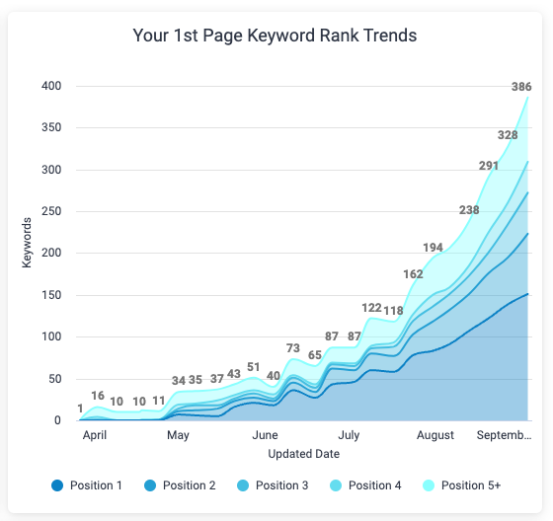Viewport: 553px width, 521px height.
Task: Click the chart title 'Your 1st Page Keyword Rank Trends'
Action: tap(276, 36)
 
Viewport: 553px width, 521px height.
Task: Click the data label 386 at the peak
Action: tap(520, 87)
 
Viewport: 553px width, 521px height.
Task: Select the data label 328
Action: tap(508, 135)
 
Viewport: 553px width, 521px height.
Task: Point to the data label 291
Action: tap(489, 166)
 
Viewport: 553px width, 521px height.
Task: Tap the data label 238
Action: tap(469, 209)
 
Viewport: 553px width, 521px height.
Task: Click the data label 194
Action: tap(433, 248)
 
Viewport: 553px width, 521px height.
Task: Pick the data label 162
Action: tap(414, 273)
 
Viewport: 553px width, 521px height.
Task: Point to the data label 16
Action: tap(98, 396)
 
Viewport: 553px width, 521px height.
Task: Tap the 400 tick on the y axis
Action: tap(51, 86)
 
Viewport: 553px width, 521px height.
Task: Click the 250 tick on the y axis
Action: tap(51, 211)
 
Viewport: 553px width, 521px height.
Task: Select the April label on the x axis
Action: tap(95, 435)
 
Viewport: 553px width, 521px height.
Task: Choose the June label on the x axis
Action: tap(265, 435)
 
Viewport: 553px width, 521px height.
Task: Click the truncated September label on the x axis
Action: tap(504, 435)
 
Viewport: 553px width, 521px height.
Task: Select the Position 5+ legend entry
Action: tap(462, 484)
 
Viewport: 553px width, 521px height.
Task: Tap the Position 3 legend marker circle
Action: tap(242, 484)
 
